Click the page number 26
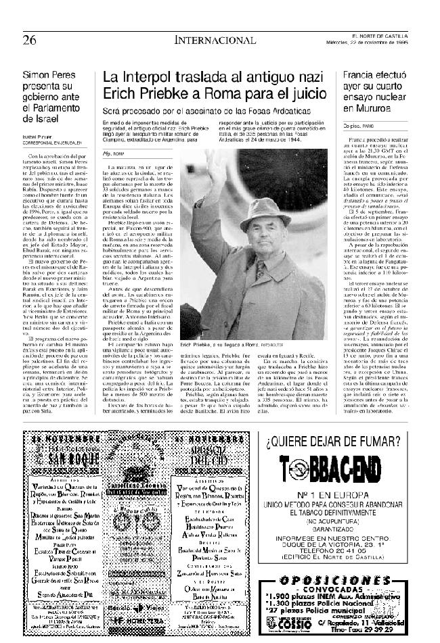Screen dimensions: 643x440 click(x=28, y=39)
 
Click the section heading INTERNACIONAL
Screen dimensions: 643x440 click(x=215, y=40)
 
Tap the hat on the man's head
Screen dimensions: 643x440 click(x=265, y=214)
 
